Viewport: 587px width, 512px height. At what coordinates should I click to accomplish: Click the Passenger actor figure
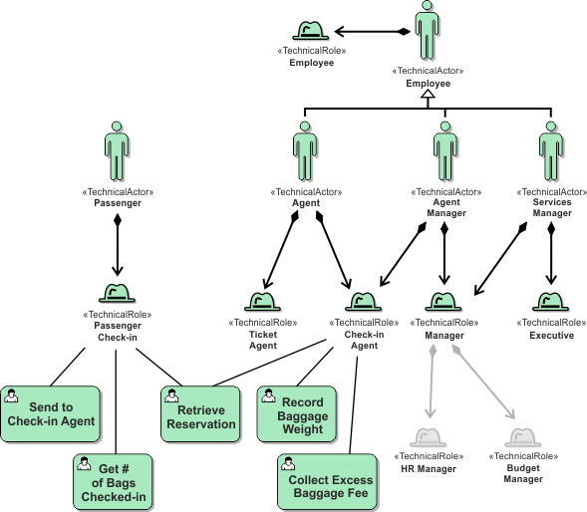117,150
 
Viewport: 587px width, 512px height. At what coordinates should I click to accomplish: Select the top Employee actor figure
428,31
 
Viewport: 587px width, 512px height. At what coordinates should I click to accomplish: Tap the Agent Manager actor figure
445,151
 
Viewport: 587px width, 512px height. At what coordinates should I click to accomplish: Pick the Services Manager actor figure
546,151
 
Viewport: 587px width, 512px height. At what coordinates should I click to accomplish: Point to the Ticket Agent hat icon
263,302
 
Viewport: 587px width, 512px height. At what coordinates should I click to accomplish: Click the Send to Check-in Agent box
51,413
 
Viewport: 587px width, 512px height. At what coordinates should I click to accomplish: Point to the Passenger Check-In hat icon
118,294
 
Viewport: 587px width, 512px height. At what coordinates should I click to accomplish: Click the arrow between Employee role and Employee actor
370,31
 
